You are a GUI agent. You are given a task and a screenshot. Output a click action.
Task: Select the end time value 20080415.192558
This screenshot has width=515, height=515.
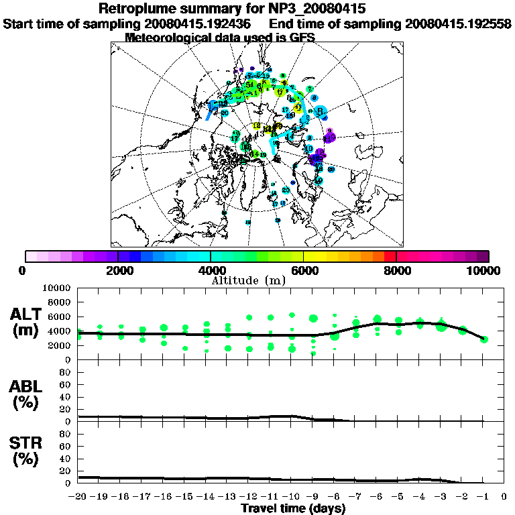click(459, 23)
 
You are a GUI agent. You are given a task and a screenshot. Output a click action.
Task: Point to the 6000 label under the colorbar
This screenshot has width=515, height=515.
click(303, 270)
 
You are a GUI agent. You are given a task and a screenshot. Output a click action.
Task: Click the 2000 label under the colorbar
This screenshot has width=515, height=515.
click(117, 270)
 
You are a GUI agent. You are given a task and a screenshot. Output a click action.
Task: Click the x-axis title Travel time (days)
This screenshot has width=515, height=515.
click(293, 508)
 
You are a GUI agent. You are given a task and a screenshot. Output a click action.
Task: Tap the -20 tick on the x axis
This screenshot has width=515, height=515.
click(78, 497)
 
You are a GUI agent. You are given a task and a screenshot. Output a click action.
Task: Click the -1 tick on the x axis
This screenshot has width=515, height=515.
click(483, 497)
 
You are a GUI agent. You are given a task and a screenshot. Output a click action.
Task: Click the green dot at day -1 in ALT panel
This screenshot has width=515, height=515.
click(483, 339)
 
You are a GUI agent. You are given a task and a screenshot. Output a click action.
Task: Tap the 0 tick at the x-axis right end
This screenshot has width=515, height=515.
click(504, 497)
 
